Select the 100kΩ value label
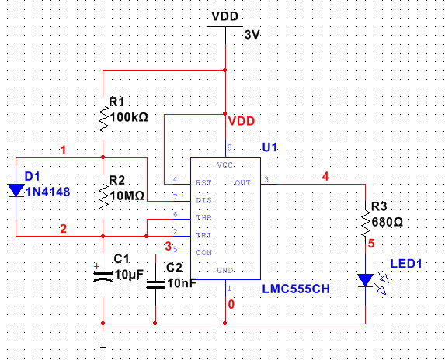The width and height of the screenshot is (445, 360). coord(128,117)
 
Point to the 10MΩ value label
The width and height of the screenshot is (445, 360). coord(127,196)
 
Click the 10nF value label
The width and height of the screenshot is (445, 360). coord(182,282)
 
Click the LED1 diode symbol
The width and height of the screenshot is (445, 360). coord(364,280)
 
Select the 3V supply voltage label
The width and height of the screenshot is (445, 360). coord(252,35)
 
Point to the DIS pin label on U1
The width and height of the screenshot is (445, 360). coord(205,201)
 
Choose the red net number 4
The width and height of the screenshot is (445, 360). coord(325,176)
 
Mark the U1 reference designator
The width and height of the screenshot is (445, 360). coord(269,147)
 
